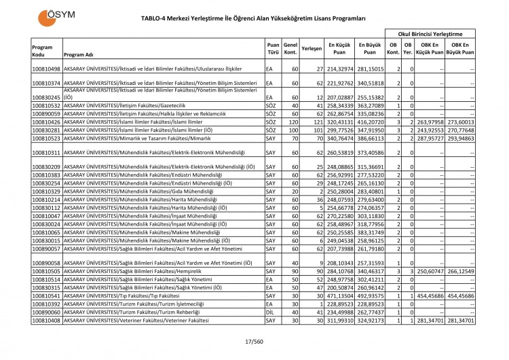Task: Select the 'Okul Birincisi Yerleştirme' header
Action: (430, 33)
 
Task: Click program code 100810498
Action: (46, 69)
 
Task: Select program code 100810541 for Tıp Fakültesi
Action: (46, 296)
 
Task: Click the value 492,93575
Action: (371, 296)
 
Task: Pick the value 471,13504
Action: (341, 296)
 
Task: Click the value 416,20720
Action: (371, 122)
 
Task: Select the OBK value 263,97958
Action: (430, 122)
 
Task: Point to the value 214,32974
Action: (341, 69)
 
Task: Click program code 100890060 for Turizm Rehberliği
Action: (46, 312)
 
